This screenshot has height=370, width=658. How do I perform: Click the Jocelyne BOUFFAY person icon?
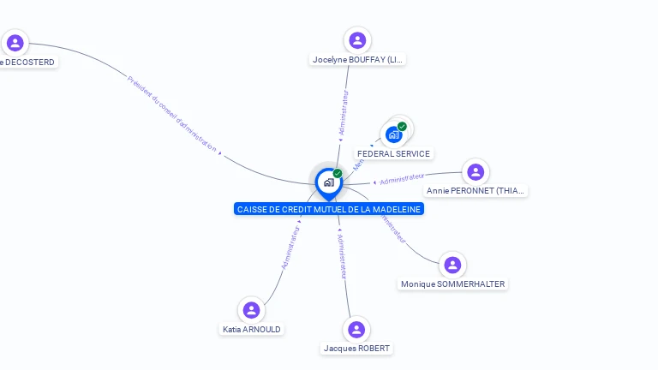357,40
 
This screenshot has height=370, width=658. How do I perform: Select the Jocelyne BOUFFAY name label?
358,60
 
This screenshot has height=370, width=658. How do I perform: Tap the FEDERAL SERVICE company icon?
394,134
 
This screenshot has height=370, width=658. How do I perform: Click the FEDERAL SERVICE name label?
394,153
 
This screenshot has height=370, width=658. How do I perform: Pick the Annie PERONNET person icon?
476,171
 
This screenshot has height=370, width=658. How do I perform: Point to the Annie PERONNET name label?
476,191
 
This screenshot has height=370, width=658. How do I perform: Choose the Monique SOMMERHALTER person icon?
452,265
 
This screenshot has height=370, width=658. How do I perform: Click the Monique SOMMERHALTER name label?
452,284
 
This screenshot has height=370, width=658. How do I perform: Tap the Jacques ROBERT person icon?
356,330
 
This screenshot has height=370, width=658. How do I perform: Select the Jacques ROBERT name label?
356,349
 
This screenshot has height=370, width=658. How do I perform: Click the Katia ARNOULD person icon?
251,310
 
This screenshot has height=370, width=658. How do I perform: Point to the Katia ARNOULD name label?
251,329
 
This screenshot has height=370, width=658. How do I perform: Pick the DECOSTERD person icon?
15,43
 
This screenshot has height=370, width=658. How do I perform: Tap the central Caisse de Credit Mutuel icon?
328,182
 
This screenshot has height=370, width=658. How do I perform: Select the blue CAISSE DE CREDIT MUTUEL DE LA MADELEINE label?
329,209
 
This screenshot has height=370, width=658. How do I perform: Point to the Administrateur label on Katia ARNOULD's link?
291,248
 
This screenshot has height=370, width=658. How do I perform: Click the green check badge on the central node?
338,174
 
